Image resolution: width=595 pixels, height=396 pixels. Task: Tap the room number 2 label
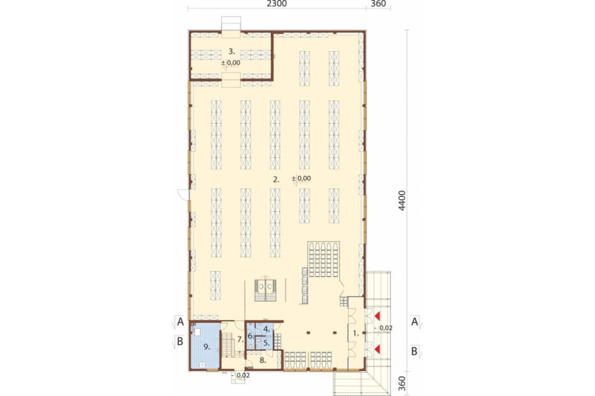point(276,180)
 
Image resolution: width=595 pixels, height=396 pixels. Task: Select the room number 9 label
point(207,347)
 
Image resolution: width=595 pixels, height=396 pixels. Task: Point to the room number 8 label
point(262,360)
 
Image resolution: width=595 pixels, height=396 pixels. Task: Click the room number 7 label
point(240,340)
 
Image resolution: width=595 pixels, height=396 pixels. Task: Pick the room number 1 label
point(356,334)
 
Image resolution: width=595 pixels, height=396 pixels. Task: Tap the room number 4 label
point(267,329)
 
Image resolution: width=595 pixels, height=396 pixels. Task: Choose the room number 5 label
point(266,343)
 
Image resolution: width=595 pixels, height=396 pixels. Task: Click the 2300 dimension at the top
point(277,4)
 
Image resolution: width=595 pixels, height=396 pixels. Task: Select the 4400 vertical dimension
point(402,200)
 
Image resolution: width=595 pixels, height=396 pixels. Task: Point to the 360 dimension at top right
point(378,4)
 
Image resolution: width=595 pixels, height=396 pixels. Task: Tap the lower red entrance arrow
point(377,348)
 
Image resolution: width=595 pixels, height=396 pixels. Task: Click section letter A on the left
point(180,322)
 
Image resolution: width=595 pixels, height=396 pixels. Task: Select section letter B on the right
point(414,351)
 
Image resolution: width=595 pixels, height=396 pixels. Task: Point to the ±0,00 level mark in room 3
point(231,63)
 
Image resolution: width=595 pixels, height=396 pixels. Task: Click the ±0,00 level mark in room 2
point(302,178)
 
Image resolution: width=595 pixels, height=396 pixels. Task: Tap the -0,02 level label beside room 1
point(383,328)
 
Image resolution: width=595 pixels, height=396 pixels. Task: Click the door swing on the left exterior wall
point(182,193)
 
